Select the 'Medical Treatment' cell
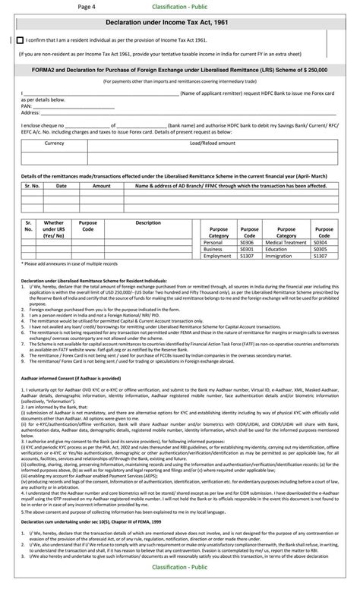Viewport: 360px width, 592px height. pyautogui.click(x=286, y=242)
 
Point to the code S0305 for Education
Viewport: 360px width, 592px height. pyautogui.click(x=324, y=249)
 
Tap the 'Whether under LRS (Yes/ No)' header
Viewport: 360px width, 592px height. pyautogui.click(x=54, y=229)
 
